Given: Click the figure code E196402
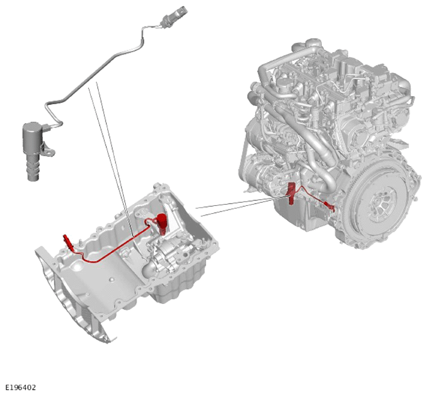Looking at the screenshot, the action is point(21,387).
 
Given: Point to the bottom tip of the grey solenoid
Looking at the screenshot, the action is point(33,179).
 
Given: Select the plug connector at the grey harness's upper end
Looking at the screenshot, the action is point(174,15).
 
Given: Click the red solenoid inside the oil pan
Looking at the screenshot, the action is point(162,222).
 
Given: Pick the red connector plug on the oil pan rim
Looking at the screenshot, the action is point(67,241).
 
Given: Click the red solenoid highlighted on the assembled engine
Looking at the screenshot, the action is point(291,193).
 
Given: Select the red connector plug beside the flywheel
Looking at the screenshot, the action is point(329,206).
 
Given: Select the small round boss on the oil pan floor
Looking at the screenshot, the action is point(112,280).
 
